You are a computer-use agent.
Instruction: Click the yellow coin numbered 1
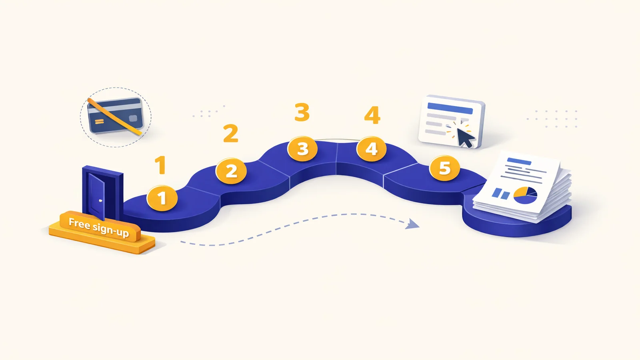[162, 198]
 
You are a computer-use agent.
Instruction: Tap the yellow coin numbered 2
[231, 171]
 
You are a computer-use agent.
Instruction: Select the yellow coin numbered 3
[302, 148]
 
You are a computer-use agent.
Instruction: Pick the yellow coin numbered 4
[372, 148]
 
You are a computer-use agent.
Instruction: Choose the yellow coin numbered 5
[444, 168]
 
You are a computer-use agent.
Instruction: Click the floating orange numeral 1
[161, 165]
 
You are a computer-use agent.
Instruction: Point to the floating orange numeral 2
[230, 133]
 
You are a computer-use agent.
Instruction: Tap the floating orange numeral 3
[302, 112]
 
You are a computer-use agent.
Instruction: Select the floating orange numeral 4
[372, 115]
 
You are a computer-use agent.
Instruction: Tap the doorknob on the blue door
[100, 201]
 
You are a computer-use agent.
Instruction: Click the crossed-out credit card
[115, 116]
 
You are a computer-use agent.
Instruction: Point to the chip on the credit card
[133, 118]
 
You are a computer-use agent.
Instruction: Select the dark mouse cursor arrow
[464, 138]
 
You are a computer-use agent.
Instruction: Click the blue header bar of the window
[450, 108]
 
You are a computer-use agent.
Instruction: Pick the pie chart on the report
[525, 196]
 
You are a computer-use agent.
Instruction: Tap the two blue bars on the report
[500, 194]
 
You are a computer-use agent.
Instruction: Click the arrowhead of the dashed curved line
[413, 224]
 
